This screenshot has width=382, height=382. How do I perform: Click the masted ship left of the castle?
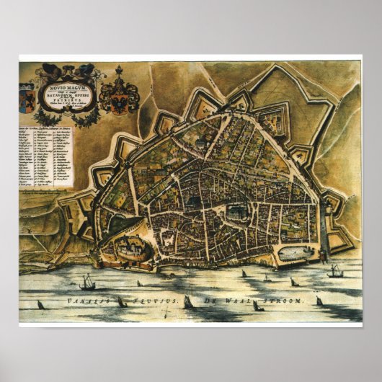tap(86, 282)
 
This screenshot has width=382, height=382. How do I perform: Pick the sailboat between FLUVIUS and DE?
tap(188, 302)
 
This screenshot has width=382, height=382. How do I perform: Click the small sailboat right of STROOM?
tap(319, 301)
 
